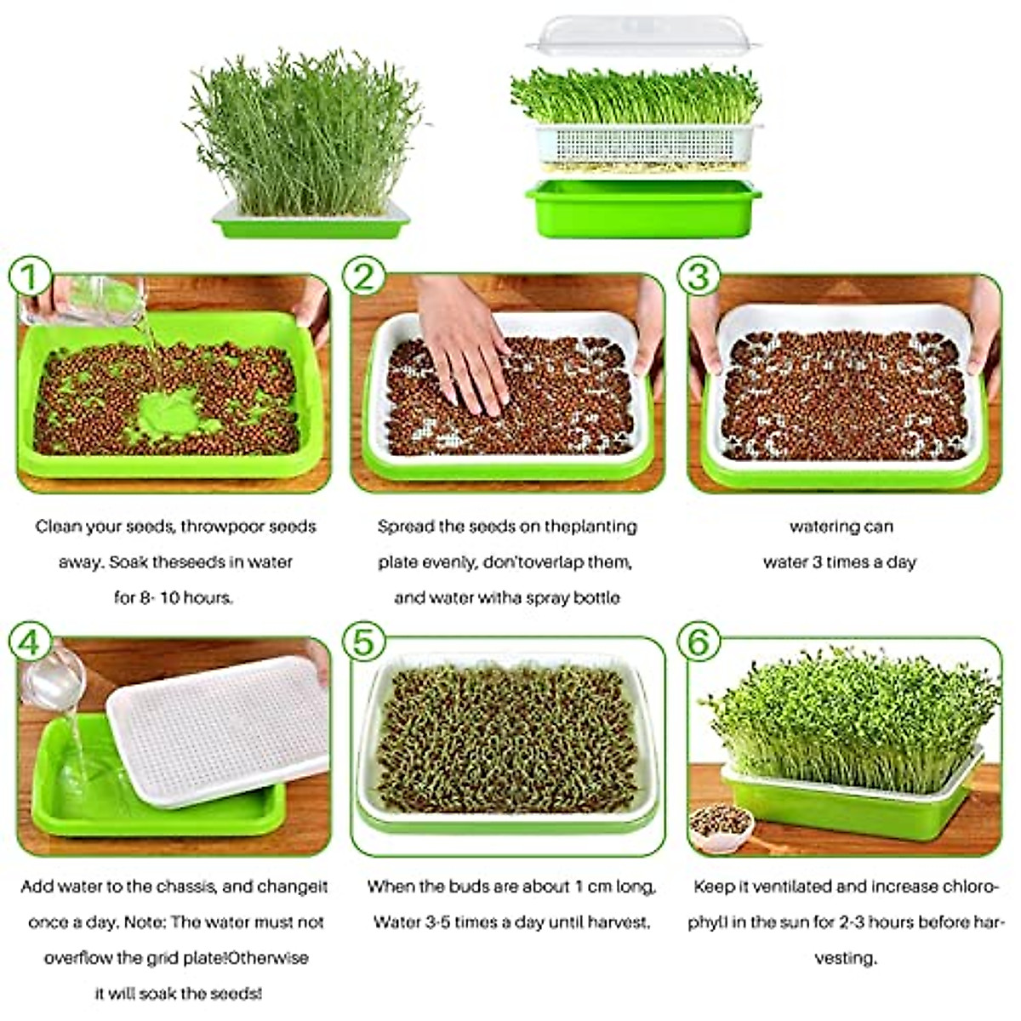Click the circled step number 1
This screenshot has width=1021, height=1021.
pyautogui.click(x=30, y=277)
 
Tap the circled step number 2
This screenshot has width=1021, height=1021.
pyautogui.click(x=364, y=277)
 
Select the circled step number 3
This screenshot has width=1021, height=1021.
pyautogui.click(x=699, y=277)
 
